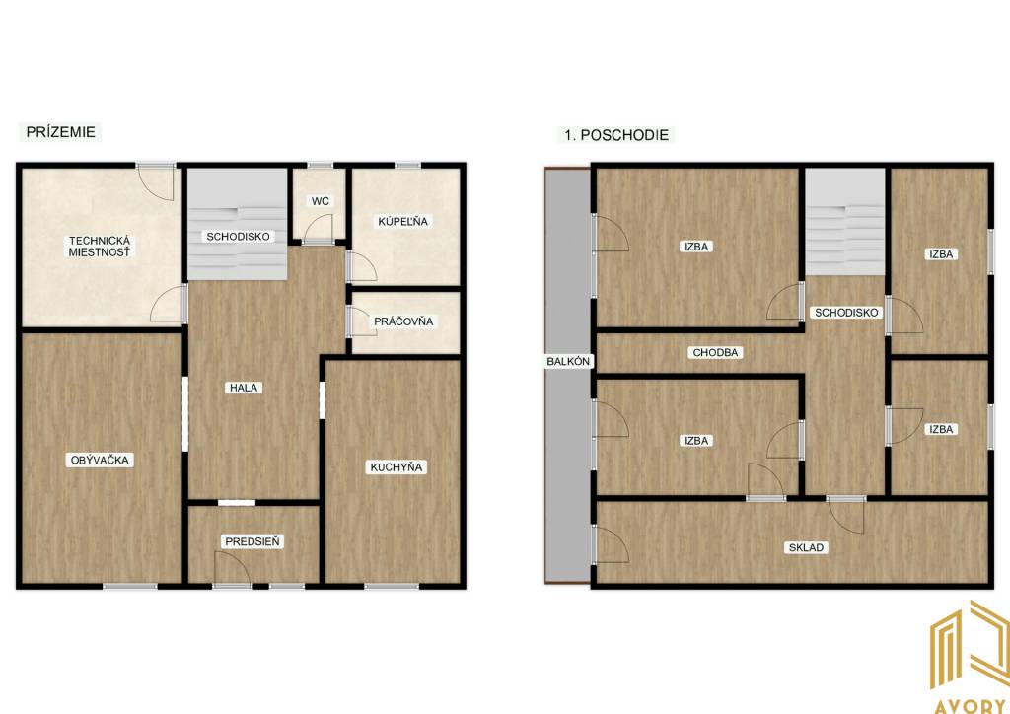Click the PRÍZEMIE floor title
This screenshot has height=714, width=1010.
click(x=60, y=132)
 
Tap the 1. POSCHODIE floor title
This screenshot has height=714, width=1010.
click(x=616, y=135)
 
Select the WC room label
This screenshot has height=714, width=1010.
click(x=321, y=201)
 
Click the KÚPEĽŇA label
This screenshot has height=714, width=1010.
click(x=402, y=222)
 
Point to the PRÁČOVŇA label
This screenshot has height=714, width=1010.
click(x=403, y=321)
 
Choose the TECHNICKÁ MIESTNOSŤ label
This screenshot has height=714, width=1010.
click(x=100, y=247)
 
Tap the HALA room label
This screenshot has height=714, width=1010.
click(x=245, y=388)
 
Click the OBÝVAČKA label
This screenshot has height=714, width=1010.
click(x=100, y=460)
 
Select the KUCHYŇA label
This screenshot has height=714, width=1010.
click(x=397, y=467)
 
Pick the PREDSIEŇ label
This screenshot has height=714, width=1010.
click(x=252, y=541)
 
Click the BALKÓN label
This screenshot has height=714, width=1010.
click(x=568, y=361)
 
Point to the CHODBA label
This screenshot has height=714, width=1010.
click(x=716, y=353)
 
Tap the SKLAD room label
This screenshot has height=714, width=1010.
click(x=807, y=548)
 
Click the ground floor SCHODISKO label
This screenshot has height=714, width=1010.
click(x=238, y=237)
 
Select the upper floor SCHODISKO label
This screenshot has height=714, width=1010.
click(x=846, y=313)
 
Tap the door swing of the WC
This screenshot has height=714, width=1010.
click(x=318, y=227)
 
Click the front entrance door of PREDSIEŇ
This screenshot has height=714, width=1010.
click(x=232, y=568)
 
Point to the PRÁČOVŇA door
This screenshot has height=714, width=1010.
click(x=361, y=321)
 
